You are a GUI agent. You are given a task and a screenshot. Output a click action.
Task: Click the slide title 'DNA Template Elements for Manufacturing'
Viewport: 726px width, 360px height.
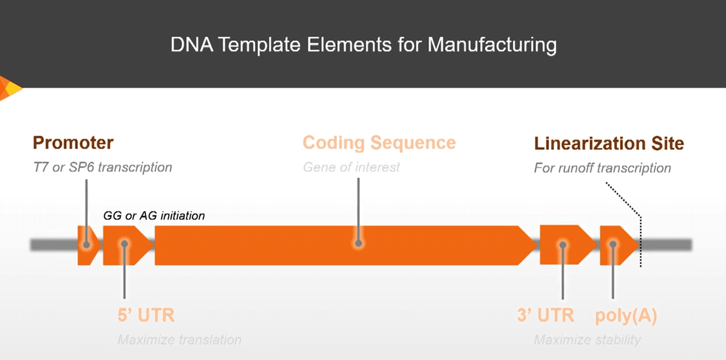click(x=363, y=45)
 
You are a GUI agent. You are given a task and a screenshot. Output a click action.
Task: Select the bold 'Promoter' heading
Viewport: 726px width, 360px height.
click(x=73, y=143)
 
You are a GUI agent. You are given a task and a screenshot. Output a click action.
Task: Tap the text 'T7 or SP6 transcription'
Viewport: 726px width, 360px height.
click(x=102, y=167)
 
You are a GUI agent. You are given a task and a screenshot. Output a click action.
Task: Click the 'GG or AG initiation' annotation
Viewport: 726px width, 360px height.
click(x=154, y=216)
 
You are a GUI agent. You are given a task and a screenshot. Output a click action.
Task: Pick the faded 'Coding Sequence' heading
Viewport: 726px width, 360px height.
click(x=379, y=143)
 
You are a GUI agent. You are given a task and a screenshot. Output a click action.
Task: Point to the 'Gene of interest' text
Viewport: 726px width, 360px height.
click(x=351, y=167)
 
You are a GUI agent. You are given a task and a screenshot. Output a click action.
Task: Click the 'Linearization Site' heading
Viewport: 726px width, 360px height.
click(x=609, y=143)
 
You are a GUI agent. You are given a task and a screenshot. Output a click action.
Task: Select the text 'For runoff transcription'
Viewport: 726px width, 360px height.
click(x=602, y=168)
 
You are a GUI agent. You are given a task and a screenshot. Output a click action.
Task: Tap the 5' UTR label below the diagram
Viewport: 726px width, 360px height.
click(x=146, y=315)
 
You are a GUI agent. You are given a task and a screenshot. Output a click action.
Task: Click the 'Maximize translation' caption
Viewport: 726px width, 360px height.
click(x=179, y=340)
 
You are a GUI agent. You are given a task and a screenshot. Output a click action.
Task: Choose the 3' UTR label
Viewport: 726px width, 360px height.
click(x=546, y=315)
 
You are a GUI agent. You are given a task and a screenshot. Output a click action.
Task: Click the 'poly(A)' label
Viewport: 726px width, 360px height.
click(x=626, y=316)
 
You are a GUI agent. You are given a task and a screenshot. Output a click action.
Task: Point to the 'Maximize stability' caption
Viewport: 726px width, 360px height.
click(x=587, y=340)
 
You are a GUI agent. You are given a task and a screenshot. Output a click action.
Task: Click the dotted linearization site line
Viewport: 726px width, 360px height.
click(x=641, y=241)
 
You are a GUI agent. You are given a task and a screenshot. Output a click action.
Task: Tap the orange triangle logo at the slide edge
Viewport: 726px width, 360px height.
click(x=9, y=88)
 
